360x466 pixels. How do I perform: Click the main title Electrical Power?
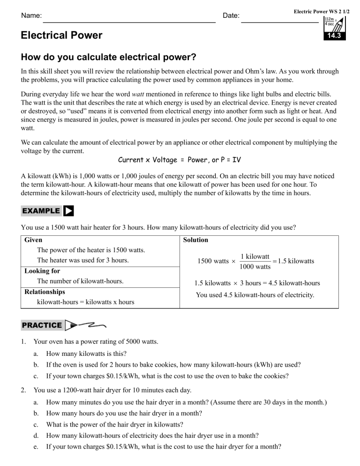pos(62,36)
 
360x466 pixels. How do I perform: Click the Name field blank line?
pos(129,21)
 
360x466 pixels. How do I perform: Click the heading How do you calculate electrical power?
pos(108,58)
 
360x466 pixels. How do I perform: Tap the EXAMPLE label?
pos(41,211)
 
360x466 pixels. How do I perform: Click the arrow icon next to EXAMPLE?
pos(68,211)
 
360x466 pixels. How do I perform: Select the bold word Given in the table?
pos(33,240)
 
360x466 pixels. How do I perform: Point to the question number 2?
pos(24,390)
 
